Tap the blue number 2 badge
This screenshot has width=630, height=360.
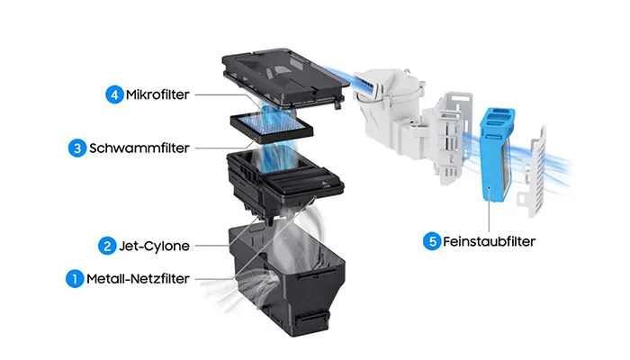pos(106,245)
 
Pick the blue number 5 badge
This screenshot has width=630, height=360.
pos(433,241)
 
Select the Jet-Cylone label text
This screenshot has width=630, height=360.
pos(153,245)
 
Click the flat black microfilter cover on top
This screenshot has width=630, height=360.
pos(283,76)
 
